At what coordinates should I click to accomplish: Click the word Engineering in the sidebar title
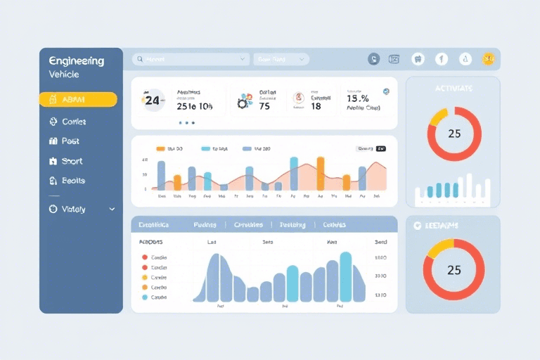[x=77, y=61]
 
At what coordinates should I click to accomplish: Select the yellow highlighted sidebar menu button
[x=78, y=100]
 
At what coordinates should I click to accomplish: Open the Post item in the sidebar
[x=70, y=141]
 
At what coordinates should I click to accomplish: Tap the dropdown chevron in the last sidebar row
[x=112, y=209]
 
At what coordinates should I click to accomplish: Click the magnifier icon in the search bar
[x=140, y=60]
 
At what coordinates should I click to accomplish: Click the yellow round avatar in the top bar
[x=488, y=60]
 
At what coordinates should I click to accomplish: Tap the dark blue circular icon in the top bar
[x=374, y=60]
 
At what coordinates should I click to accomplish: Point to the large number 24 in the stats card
[x=153, y=101]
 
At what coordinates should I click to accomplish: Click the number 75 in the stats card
[x=264, y=106]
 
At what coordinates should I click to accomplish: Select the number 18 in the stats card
[x=316, y=106]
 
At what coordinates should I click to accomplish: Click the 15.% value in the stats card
[x=358, y=98]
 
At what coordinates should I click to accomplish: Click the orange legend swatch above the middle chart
[x=160, y=149]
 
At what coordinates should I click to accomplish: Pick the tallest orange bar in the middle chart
[x=321, y=173]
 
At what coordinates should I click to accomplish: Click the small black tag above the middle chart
[x=381, y=149]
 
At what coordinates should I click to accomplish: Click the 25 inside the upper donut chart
[x=454, y=134]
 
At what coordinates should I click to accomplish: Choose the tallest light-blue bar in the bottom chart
[x=345, y=276]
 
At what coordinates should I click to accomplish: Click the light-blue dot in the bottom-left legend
[x=145, y=297]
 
